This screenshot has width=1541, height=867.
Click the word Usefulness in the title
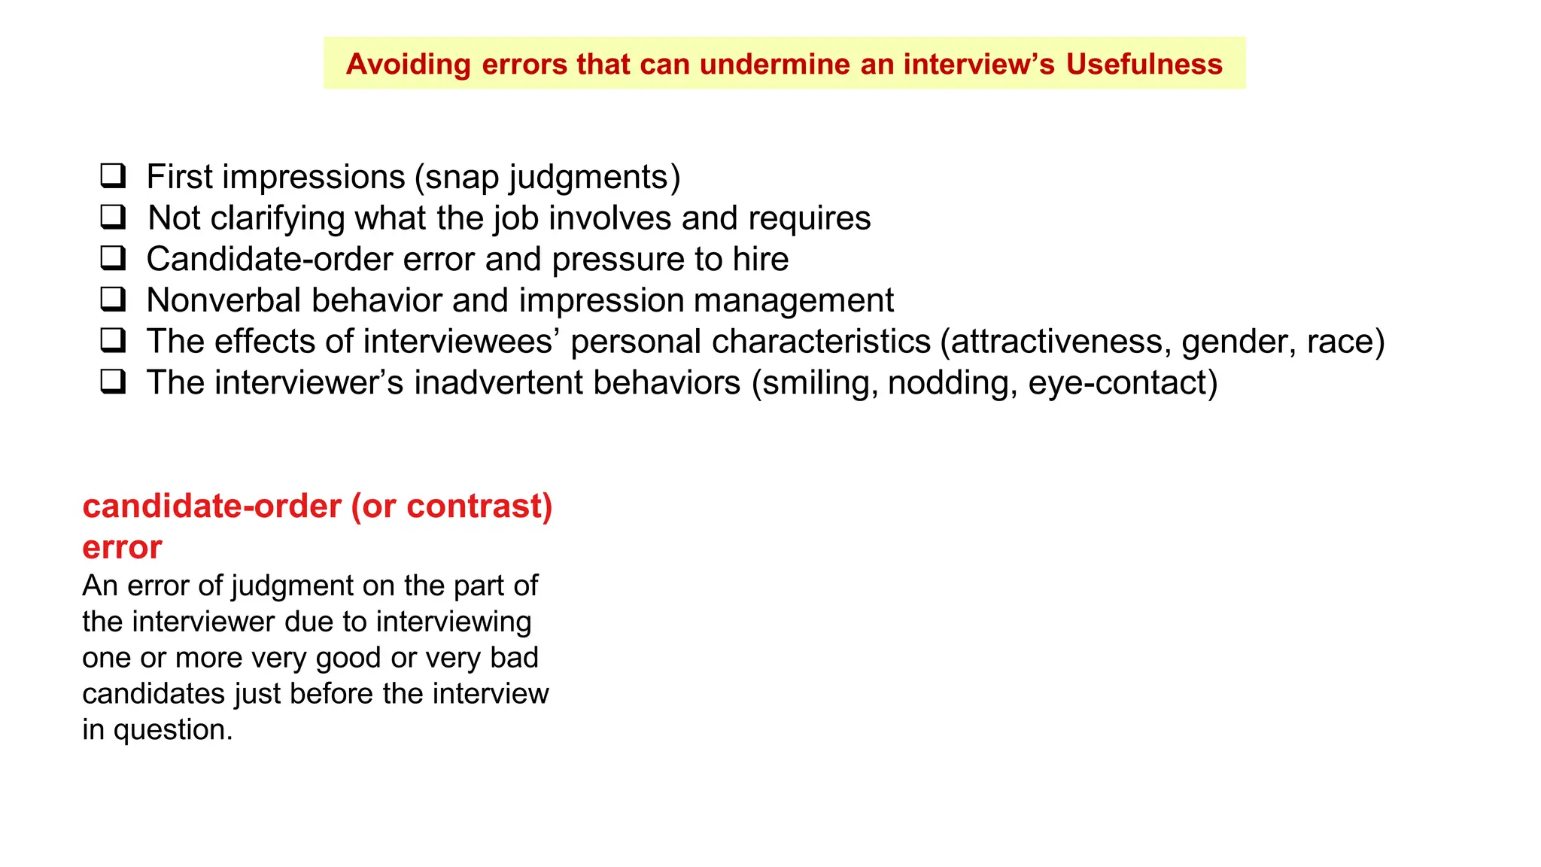coord(1144,64)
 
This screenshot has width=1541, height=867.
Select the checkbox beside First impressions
coord(114,176)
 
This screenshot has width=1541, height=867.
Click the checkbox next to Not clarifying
coord(114,218)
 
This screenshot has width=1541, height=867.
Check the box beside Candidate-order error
coord(114,258)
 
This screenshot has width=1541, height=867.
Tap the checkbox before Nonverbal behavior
coord(114,300)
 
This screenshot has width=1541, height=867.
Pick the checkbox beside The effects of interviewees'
coord(114,341)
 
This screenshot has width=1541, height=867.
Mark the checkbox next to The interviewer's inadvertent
coord(114,382)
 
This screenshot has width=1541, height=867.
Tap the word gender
coord(1235,342)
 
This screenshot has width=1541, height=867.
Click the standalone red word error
coord(122,547)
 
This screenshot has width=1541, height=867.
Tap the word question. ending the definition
coord(173,731)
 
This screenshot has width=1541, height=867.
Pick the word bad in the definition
coord(515,658)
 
